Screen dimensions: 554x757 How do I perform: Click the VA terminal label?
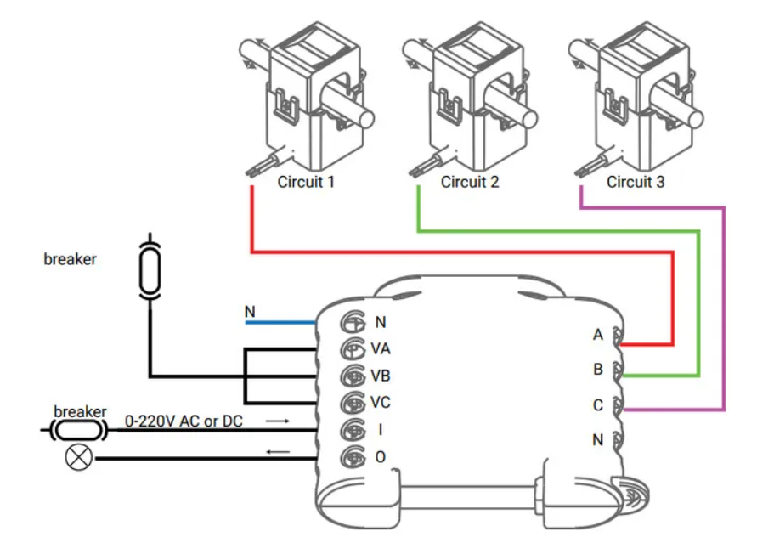point(381,348)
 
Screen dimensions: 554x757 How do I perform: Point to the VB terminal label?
point(381,375)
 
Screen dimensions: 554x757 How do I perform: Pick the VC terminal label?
point(381,402)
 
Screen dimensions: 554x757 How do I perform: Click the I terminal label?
point(379,429)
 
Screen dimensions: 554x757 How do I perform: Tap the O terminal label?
point(380,457)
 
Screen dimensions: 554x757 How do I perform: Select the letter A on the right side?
point(598,335)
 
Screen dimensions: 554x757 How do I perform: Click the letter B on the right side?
point(598,370)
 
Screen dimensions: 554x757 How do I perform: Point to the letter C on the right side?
point(598,405)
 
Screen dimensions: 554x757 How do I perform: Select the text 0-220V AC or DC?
point(184,421)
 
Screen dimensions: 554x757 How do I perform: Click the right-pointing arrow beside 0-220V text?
point(277,420)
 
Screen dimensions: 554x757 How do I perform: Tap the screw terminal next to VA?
point(352,348)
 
